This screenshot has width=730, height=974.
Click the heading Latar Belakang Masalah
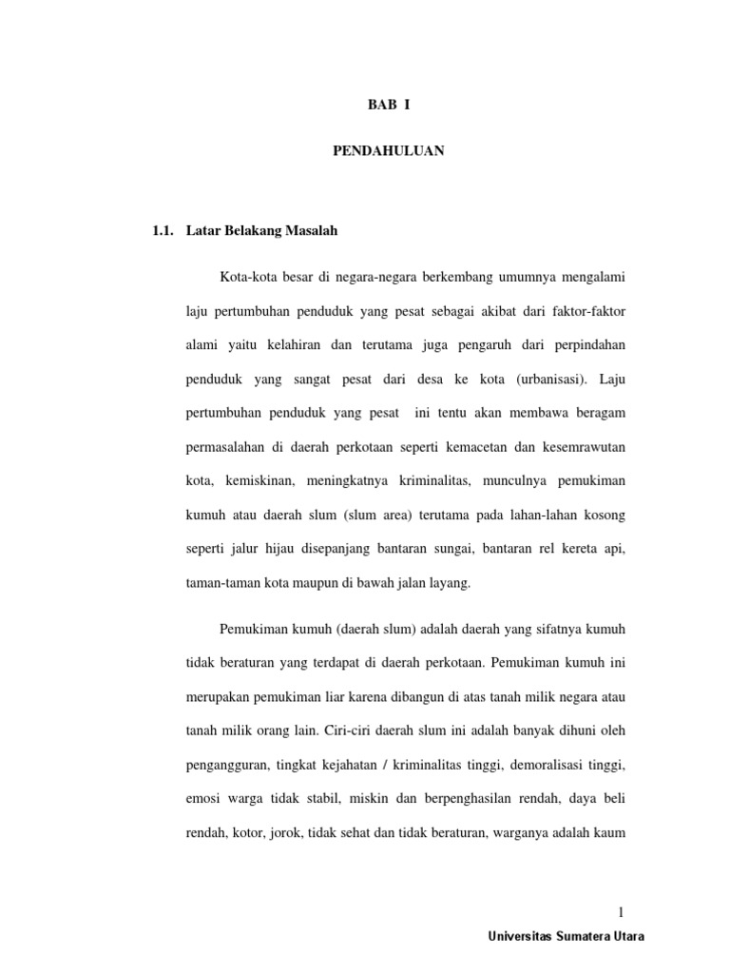pyautogui.click(x=263, y=230)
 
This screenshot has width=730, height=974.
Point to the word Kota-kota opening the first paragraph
pyautogui.click(x=246, y=277)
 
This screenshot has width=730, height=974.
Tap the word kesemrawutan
pyautogui.click(x=584, y=447)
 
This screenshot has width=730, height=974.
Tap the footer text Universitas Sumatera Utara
pyautogui.click(x=566, y=936)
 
